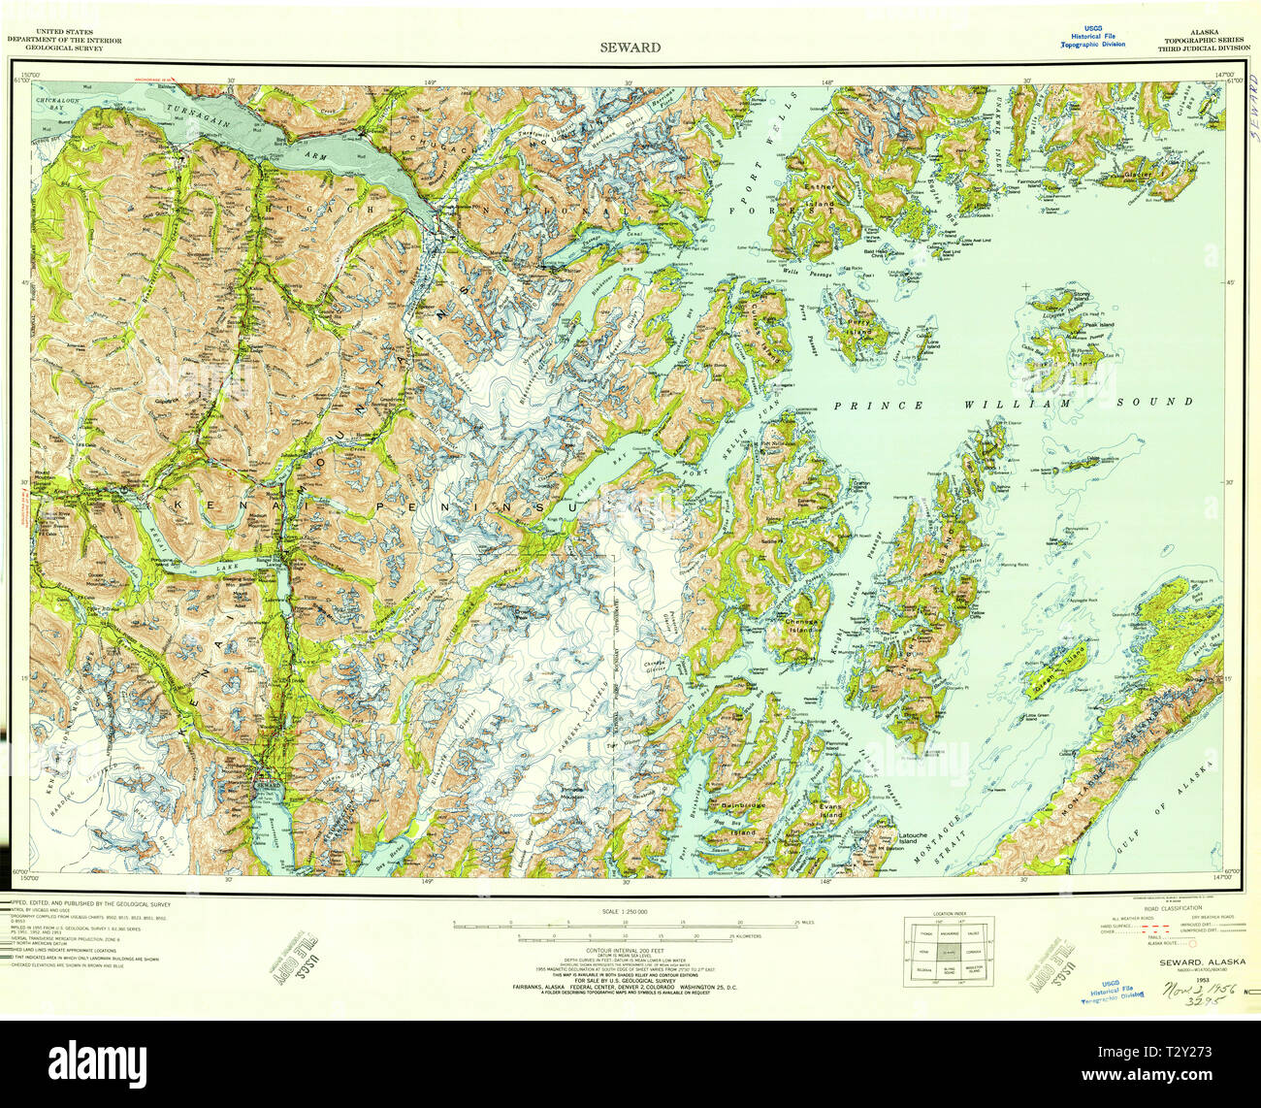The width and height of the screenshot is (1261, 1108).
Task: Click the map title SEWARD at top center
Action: click(x=630, y=47)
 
